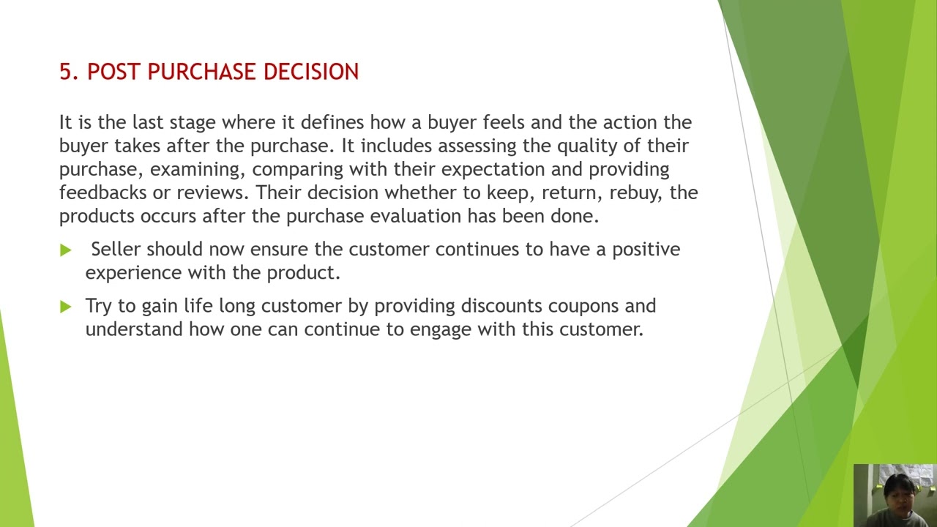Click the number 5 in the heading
65,72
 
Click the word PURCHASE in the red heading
202,72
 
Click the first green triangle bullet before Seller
66,250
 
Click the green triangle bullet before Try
66,307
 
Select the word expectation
493,169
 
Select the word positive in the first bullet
646,249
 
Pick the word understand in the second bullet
134,329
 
